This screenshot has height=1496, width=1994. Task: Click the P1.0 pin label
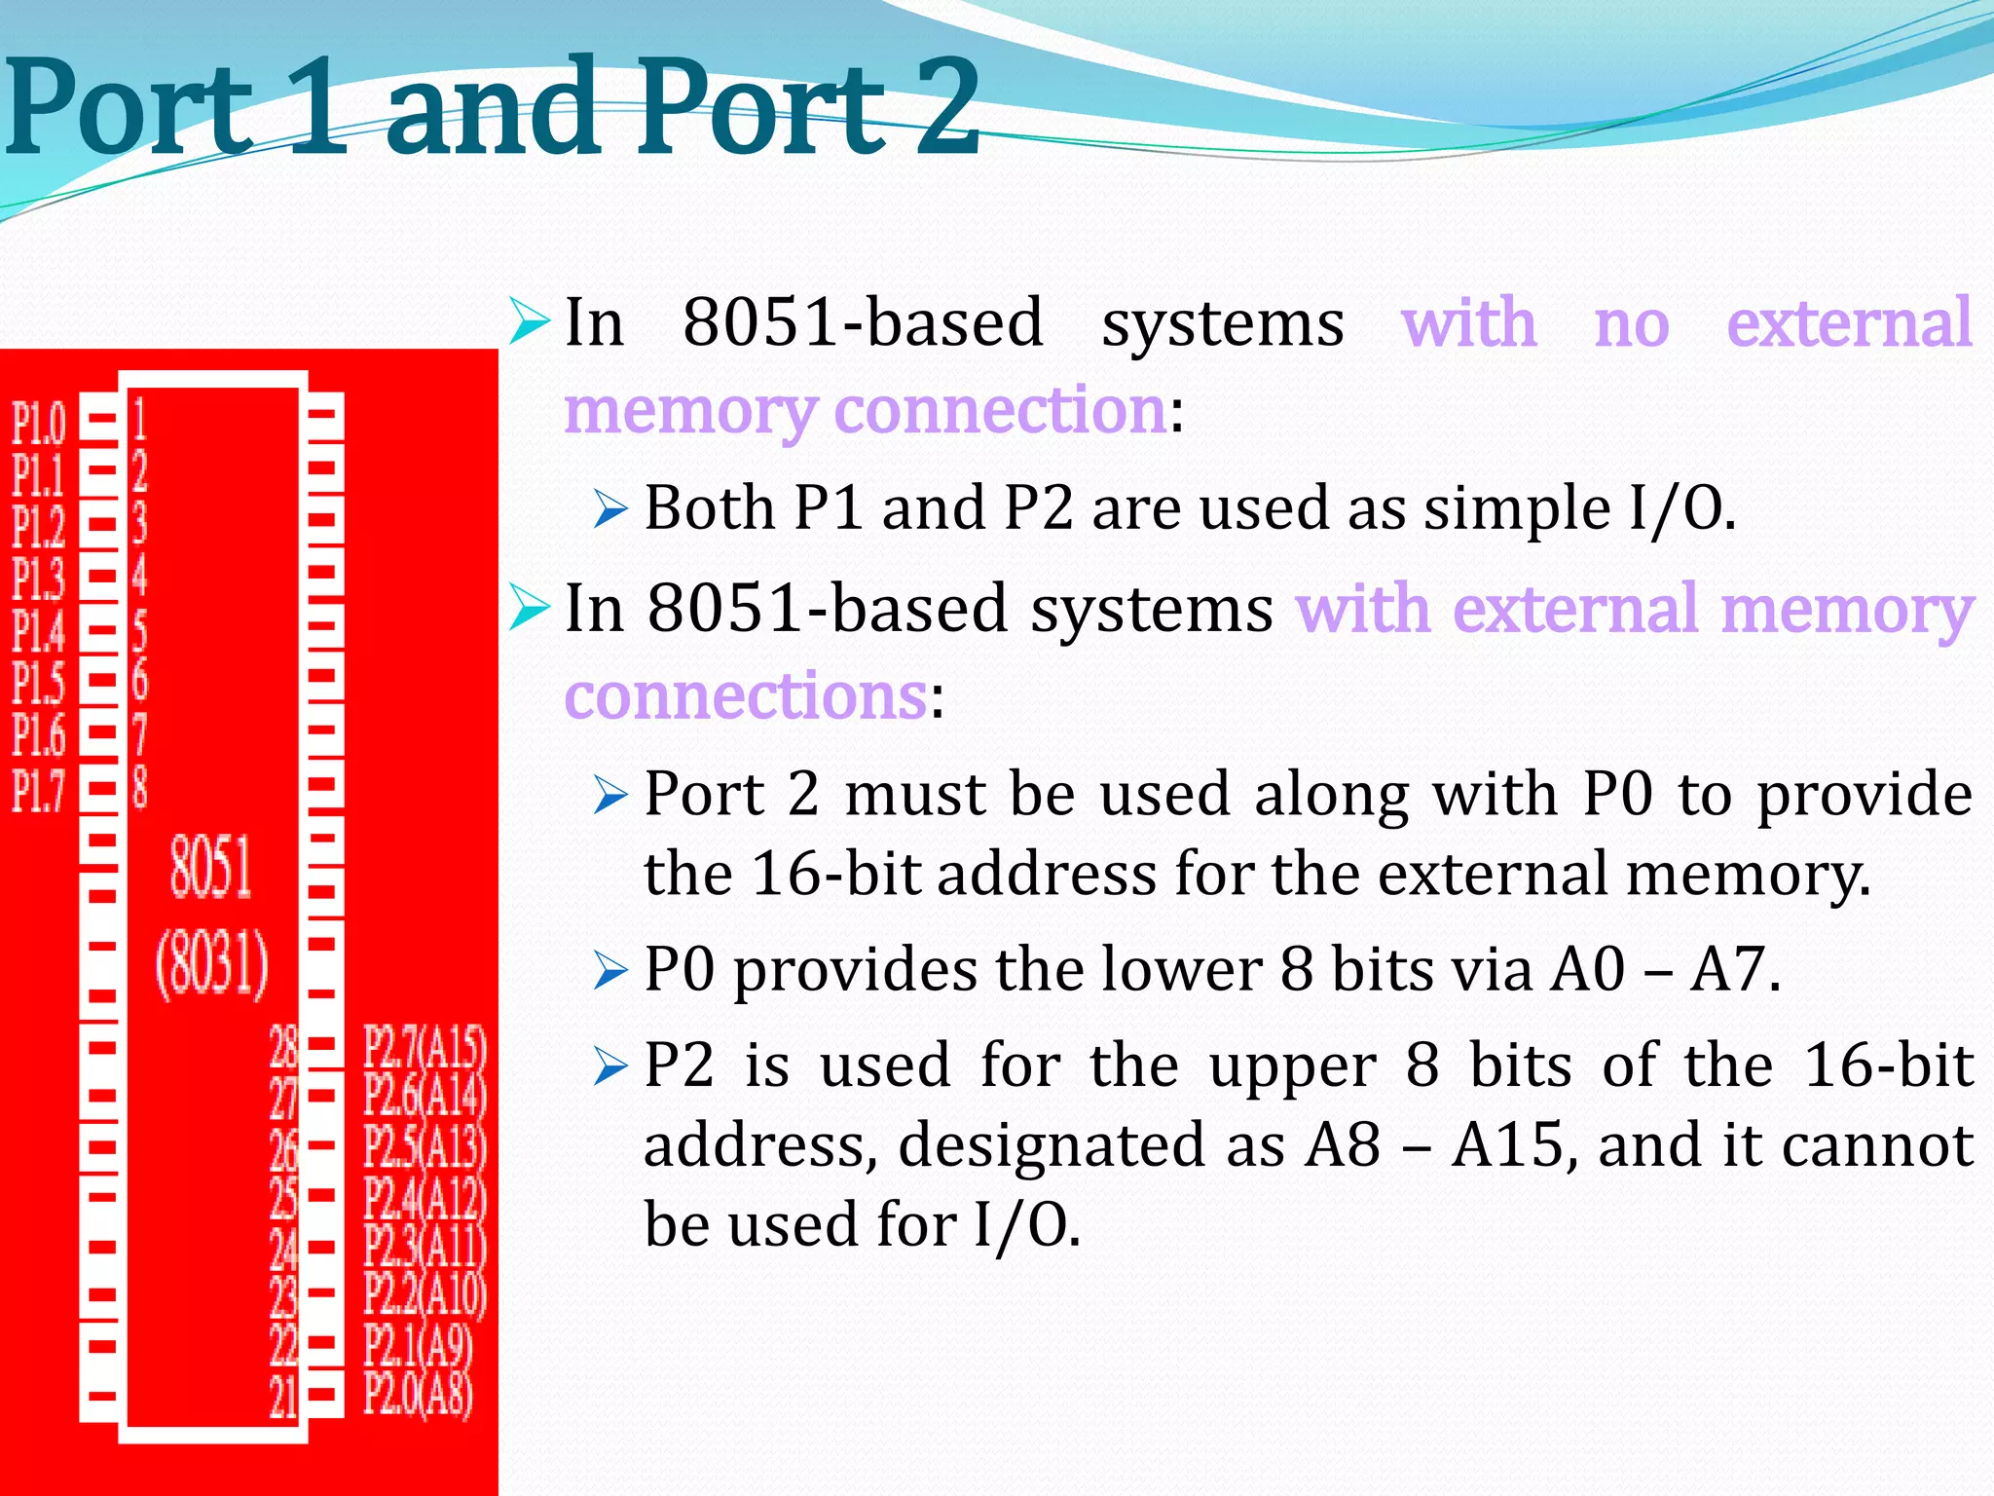(x=39, y=423)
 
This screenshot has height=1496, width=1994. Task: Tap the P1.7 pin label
(x=39, y=790)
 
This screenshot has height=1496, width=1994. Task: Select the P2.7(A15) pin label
(x=425, y=1048)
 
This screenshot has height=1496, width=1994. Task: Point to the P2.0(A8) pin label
(x=419, y=1394)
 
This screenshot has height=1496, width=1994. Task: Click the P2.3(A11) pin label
(x=425, y=1246)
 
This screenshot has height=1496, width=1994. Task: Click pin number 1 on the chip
(x=140, y=419)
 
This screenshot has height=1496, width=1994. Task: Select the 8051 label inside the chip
(x=210, y=867)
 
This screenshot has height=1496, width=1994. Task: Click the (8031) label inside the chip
(x=212, y=964)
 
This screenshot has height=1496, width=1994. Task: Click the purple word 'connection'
(x=1001, y=409)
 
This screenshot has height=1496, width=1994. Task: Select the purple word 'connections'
(x=746, y=695)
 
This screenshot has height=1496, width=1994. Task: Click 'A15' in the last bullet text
(x=1507, y=1144)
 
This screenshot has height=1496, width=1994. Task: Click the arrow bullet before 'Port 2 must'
(x=610, y=797)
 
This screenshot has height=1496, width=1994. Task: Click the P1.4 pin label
(x=39, y=631)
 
